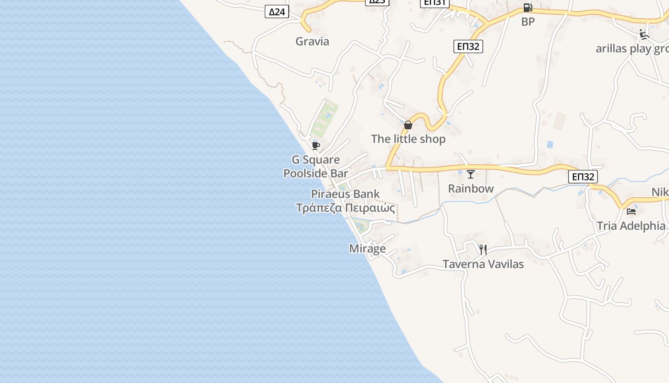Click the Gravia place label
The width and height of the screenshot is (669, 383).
pos(312,41)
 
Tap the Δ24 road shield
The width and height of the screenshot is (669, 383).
pos(277,11)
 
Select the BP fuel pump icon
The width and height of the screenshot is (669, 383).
pos(528,8)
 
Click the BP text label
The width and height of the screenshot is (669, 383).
pos(528,22)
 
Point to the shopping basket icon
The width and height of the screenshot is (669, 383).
pos(408,125)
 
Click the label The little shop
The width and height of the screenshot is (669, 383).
pos(408,139)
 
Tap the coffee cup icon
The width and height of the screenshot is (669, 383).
pos(315,145)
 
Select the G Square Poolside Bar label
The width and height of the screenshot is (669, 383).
pos(316,167)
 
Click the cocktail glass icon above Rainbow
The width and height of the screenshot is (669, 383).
pos(471,174)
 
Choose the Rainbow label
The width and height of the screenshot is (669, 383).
pos(471,189)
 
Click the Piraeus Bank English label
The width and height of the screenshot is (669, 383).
pos(345,194)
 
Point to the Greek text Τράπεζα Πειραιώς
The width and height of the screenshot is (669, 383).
pos(345,208)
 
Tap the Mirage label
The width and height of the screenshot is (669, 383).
pos(367,248)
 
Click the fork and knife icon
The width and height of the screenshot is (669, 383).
pos(483,250)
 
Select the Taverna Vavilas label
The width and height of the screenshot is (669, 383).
pos(483,264)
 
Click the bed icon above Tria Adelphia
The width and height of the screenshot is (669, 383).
pos(631,211)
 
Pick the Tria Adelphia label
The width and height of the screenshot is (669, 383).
pos(631,226)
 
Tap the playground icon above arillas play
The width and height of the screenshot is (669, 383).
pos(644,34)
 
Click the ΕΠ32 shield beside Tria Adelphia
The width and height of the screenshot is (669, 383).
pos(583,177)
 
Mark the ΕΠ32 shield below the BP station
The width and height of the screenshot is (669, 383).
pos(468,46)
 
